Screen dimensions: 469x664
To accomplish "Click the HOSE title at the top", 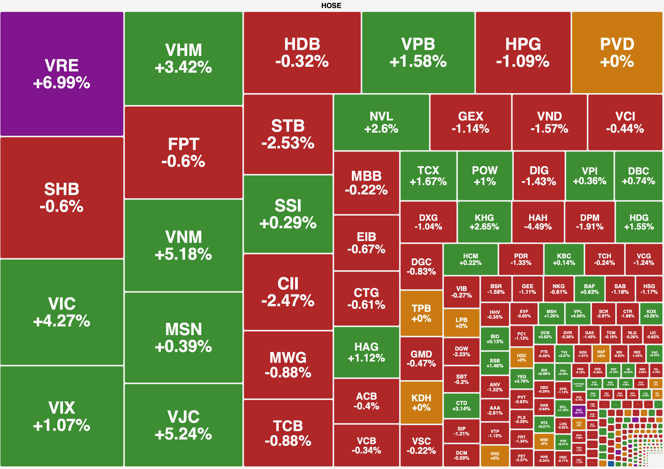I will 331,6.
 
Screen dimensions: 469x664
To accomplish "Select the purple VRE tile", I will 62,74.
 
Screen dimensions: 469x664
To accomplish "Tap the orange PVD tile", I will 617,52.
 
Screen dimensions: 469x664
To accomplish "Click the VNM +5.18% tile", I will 183,245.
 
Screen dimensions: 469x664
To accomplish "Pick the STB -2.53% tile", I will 288,134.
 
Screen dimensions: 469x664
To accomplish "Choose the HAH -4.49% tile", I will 538,222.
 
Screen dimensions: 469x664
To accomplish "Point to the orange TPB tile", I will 421,313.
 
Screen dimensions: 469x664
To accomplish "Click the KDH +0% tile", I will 421,402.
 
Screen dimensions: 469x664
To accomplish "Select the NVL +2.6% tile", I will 381,122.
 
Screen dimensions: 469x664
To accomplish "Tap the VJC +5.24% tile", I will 183,425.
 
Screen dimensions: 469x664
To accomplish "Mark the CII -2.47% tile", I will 288,292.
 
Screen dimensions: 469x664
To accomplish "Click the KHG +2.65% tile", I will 484,222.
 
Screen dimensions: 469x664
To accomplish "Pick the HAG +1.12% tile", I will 366,352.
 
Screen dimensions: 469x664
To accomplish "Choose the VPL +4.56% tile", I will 578,313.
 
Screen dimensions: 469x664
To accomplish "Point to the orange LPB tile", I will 461,323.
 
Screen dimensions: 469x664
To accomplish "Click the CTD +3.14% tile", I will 461,405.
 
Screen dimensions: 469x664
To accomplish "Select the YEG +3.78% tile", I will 521,379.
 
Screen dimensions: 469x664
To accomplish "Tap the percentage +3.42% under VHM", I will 183,67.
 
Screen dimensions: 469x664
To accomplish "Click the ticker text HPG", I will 523,44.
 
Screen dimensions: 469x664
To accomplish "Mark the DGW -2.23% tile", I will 461,351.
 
